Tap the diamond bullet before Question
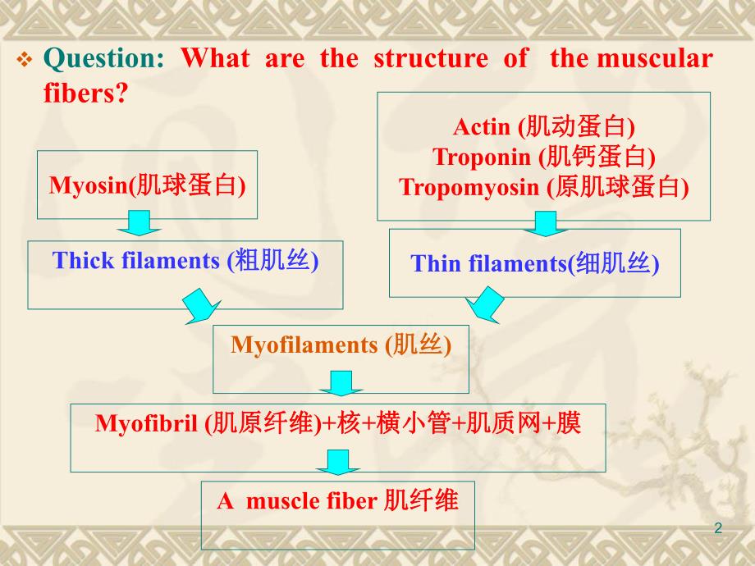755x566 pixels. (x=25, y=61)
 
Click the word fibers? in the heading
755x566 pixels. (x=85, y=93)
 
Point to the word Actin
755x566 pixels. (x=482, y=126)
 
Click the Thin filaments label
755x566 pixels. (x=483, y=264)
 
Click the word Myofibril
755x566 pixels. (x=148, y=423)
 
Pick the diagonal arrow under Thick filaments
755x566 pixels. (x=202, y=306)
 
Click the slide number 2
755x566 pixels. (x=719, y=528)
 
